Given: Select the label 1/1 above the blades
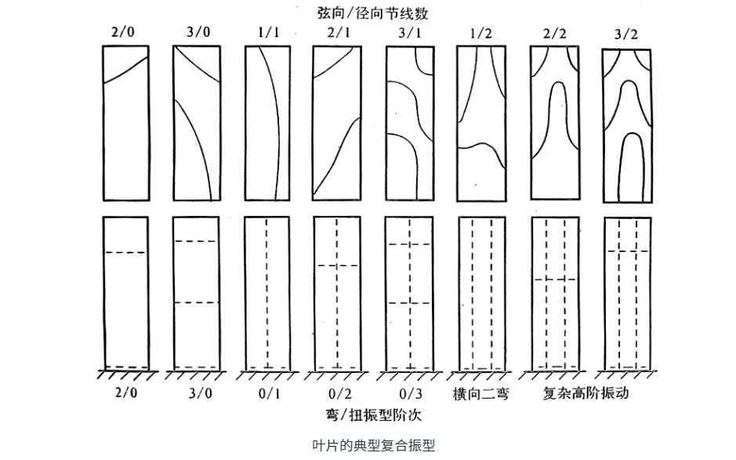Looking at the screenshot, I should click(x=266, y=34).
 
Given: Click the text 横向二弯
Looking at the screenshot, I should click(x=480, y=393).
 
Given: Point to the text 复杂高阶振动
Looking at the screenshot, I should click(x=586, y=393).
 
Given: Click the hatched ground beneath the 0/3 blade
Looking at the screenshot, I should click(x=408, y=374).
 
